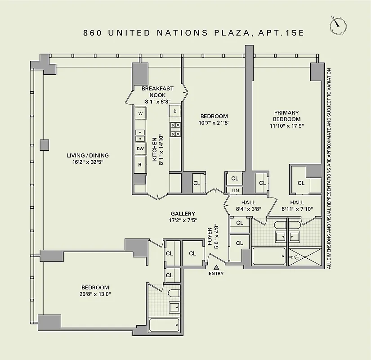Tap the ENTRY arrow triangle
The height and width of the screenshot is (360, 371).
coord(216,267)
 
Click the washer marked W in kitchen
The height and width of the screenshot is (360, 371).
coord(140,113)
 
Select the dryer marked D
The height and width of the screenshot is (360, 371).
coord(175,111)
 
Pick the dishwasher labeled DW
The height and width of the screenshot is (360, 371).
coord(140,148)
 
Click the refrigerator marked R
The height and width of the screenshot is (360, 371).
coord(140,165)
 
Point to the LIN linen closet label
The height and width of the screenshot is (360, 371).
coord(234,191)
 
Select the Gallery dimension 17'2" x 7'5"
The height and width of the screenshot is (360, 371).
coord(183,220)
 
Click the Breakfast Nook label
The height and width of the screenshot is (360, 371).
coord(157,92)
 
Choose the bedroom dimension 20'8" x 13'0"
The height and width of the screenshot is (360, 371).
coord(95,294)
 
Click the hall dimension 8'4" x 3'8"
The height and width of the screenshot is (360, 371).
coord(248,209)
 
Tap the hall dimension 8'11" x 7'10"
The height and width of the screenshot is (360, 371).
coord(297,209)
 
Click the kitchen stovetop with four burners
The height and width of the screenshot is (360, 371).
coord(175,130)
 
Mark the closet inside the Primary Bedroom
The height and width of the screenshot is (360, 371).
coord(300,183)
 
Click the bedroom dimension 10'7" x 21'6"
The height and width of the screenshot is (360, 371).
coord(214,123)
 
